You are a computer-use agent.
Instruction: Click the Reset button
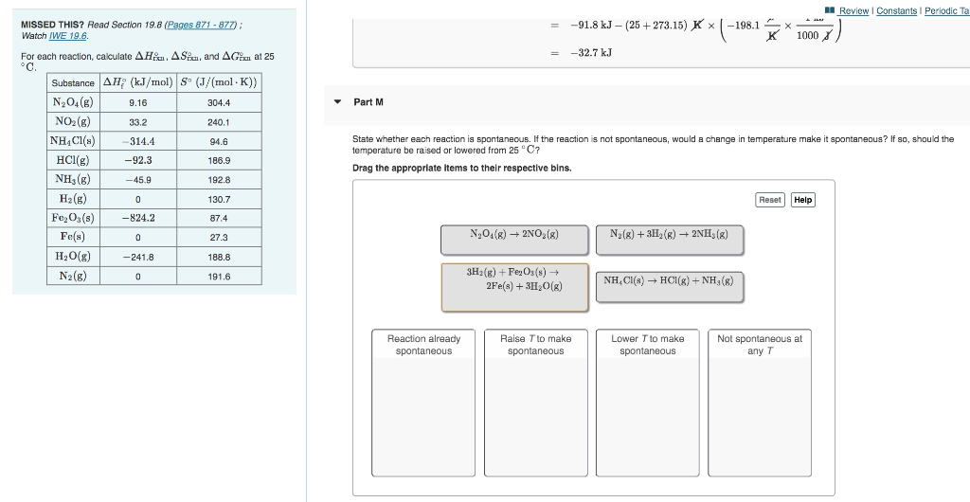click(770, 200)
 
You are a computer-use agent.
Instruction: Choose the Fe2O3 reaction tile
click(513, 286)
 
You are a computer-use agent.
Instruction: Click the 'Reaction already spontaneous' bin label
click(423, 345)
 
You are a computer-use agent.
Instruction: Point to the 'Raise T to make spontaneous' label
click(535, 345)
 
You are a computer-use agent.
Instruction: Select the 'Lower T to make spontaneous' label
click(647, 345)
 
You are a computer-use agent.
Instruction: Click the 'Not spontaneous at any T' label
click(759, 345)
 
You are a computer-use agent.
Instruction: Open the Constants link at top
click(895, 10)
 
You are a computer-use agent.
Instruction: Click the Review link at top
click(853, 10)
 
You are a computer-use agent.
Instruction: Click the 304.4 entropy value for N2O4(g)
click(219, 102)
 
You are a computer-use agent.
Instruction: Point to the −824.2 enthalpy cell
click(138, 218)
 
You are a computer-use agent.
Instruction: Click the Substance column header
click(73, 82)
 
